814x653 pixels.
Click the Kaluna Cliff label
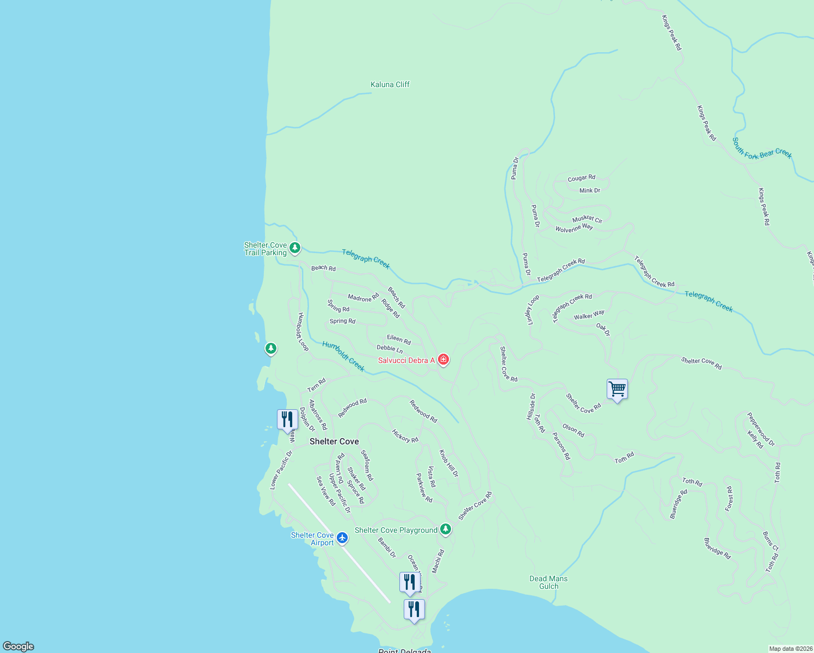390,84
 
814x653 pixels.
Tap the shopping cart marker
617,390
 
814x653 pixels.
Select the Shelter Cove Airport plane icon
342,538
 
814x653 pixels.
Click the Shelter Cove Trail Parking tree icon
295,249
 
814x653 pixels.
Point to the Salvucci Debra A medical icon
443,360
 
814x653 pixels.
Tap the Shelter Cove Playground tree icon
446,529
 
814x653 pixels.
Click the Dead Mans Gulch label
548,582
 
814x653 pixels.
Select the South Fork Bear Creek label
762,148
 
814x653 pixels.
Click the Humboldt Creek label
343,356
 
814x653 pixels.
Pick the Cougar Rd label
581,178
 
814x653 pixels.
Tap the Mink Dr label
590,190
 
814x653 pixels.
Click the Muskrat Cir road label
587,219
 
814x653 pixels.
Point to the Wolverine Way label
574,228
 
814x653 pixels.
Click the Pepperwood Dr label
761,429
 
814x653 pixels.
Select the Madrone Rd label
363,298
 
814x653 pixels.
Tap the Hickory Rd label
405,436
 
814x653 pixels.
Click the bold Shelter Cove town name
334,441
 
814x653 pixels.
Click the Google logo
18,646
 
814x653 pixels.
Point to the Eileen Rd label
399,339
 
